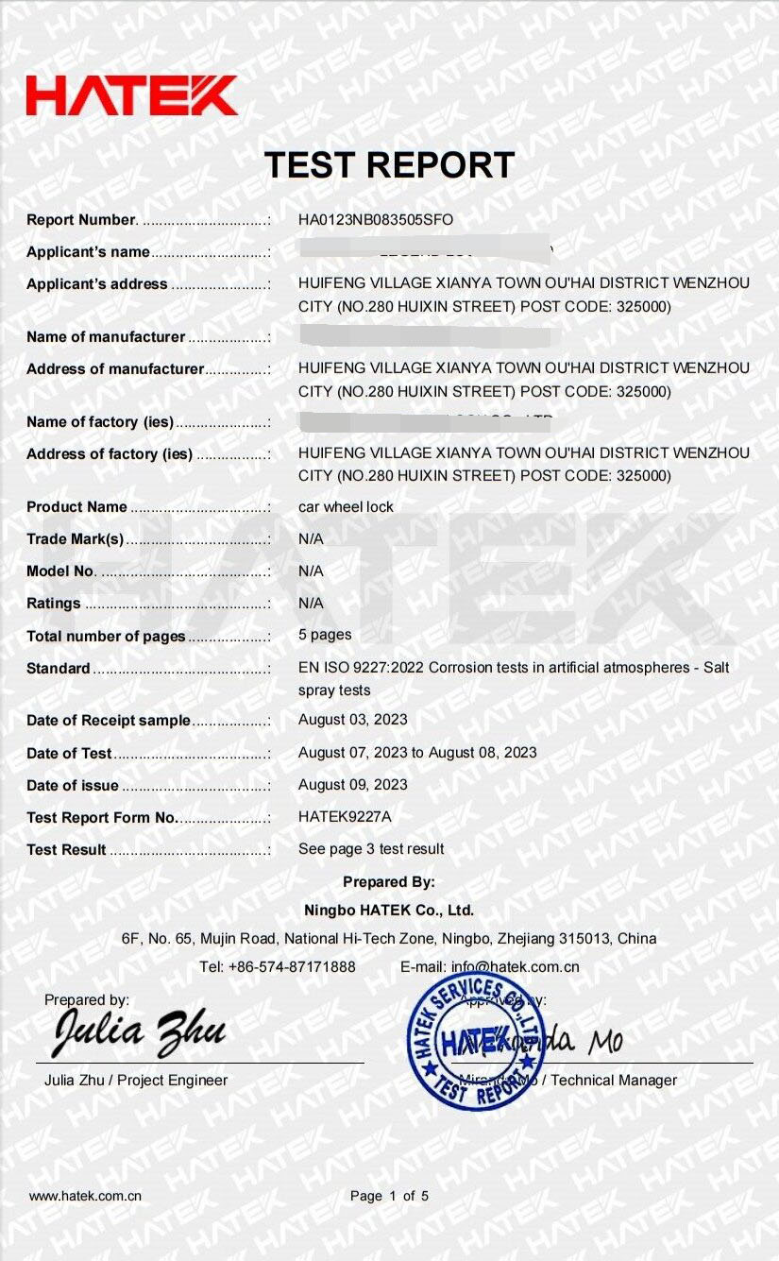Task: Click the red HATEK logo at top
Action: pos(131,95)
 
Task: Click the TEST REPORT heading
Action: pos(389,165)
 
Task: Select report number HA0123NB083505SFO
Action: pos(376,220)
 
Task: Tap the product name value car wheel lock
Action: pos(346,507)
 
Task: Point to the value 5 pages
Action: pos(325,635)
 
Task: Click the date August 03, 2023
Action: pos(353,720)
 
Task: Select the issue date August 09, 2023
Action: pos(353,785)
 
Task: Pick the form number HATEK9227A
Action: pos(345,817)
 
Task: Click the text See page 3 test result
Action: pos(371,849)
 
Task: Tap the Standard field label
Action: pos(59,669)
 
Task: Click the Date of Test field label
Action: pos(69,754)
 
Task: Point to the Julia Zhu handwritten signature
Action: pos(140,1032)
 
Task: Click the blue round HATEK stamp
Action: pos(475,1041)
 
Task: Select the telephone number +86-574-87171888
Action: pos(293,967)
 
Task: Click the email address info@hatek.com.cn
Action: pos(516,967)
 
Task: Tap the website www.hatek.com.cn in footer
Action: pos(85,1196)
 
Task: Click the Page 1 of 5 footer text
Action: pos(389,1196)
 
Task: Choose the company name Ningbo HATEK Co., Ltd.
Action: pos(389,912)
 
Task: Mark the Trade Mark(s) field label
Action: pos(76,539)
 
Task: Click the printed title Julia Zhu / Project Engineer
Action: pos(136,1081)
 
